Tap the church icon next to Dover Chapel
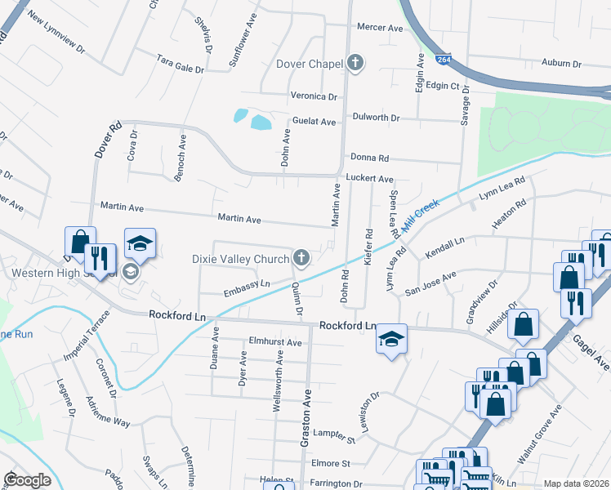[x=355, y=62]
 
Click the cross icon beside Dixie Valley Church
[x=301, y=260]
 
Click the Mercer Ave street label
[x=380, y=28]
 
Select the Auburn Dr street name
[x=561, y=62]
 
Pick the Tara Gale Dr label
[x=180, y=64]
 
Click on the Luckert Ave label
[x=370, y=178]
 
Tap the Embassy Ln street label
[x=246, y=288]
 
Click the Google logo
[x=27, y=480]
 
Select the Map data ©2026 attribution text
[x=576, y=483]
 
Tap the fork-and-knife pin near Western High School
[x=100, y=258]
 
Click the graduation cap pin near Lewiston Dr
[x=391, y=337]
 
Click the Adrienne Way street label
[x=108, y=412]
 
